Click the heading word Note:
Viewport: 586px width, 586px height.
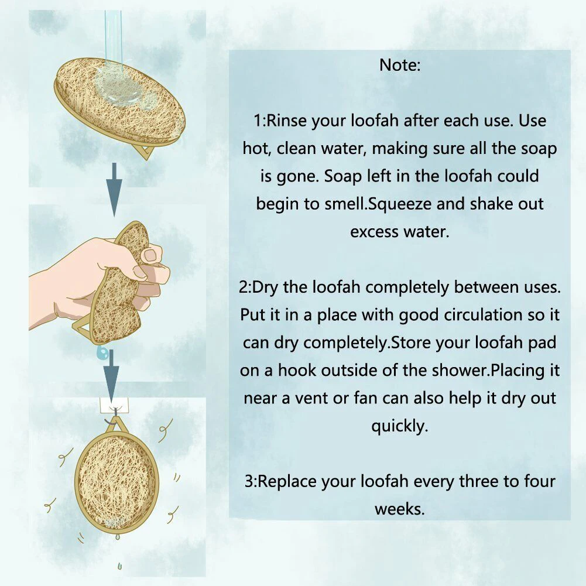coord(400,65)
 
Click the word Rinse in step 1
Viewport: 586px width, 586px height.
coord(286,121)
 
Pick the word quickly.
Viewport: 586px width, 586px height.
coord(399,426)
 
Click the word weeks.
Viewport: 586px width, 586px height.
coord(399,509)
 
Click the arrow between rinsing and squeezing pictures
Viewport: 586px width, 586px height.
coord(114,190)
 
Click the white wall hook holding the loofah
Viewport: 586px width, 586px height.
coord(114,405)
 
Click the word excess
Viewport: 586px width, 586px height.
coord(374,232)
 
